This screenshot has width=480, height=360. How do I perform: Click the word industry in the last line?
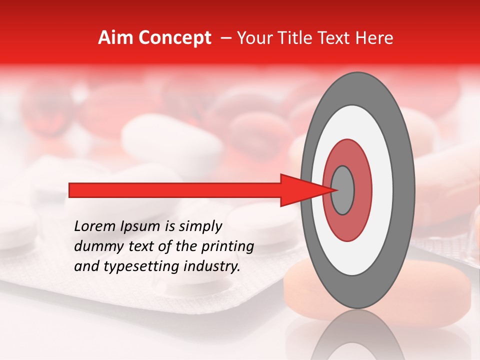(x=211, y=266)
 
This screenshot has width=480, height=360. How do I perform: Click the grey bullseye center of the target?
(x=343, y=190)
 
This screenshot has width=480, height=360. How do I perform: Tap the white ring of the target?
(x=382, y=190)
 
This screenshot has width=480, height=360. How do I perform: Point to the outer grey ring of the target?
(x=404, y=190)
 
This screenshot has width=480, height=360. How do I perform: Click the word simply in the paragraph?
(x=203, y=226)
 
